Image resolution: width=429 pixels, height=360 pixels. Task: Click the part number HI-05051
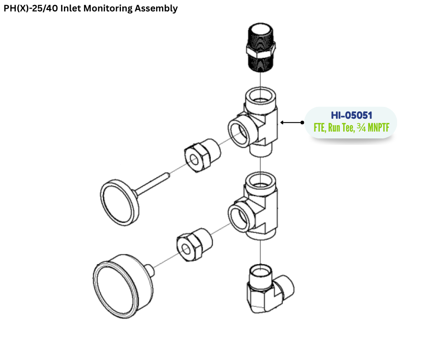click(x=351, y=115)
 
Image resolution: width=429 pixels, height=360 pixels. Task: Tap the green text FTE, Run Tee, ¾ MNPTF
click(x=351, y=127)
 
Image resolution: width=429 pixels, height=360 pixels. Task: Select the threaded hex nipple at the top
click(x=261, y=48)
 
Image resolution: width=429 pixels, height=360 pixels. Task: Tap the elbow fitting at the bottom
click(x=270, y=289)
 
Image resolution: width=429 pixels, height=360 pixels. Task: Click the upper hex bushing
click(x=203, y=155)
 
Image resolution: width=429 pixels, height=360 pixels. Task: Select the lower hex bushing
click(x=194, y=244)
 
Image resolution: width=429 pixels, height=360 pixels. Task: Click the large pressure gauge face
click(x=115, y=290)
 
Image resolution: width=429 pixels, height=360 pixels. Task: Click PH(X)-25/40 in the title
click(x=31, y=9)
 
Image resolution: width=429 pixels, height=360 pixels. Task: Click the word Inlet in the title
click(x=71, y=8)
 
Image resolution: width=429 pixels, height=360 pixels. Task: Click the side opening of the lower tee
click(x=239, y=217)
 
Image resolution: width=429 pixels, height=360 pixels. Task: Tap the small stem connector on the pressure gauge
click(x=150, y=270)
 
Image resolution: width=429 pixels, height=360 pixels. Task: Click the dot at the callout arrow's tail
click(x=302, y=122)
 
